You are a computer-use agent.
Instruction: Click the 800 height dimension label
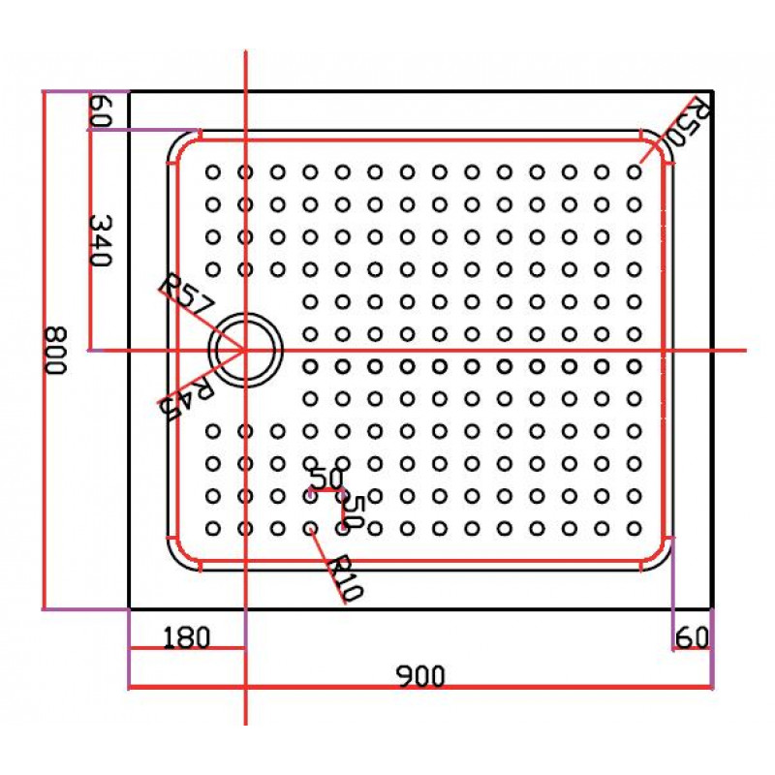pyautogui.click(x=54, y=350)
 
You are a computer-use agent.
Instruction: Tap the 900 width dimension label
pyautogui.click(x=420, y=676)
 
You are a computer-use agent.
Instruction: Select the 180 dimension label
pyautogui.click(x=186, y=637)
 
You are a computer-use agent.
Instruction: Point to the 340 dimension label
pyautogui.click(x=101, y=240)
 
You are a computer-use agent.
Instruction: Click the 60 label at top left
pyautogui.click(x=101, y=110)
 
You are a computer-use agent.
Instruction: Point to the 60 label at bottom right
pyautogui.click(x=692, y=637)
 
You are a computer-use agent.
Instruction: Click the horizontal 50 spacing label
pyautogui.click(x=326, y=478)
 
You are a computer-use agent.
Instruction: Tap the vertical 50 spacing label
pyautogui.click(x=355, y=511)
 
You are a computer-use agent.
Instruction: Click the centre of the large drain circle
pyautogui.click(x=245, y=350)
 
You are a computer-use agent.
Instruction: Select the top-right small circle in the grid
pyautogui.click(x=635, y=172)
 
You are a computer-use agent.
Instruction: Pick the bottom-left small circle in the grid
pyautogui.click(x=212, y=529)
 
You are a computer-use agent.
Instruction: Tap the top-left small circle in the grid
pyautogui.click(x=212, y=172)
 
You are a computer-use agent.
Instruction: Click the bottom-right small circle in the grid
pyautogui.click(x=635, y=529)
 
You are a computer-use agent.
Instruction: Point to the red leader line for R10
pyautogui.click(x=327, y=566)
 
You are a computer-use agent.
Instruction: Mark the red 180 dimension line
pyautogui.click(x=187, y=648)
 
